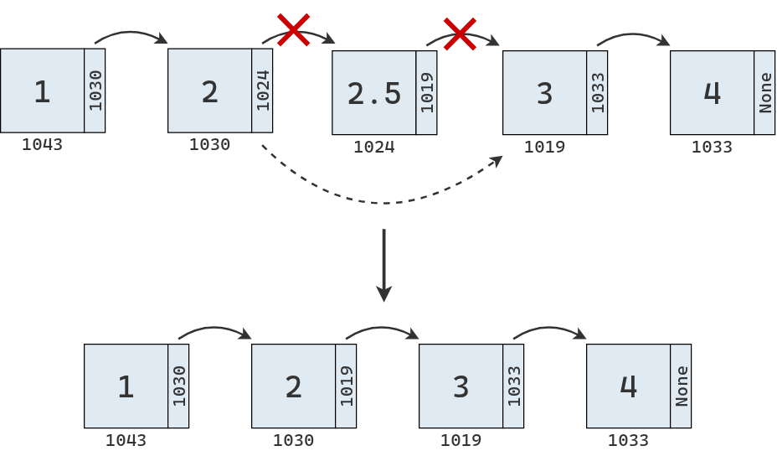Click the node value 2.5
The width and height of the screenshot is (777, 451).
[374, 93]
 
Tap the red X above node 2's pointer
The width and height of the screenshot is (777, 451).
[294, 30]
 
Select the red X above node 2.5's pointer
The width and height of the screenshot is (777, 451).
[459, 34]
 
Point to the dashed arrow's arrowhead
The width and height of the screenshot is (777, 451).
[498, 159]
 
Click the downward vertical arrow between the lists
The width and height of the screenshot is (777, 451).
[383, 265]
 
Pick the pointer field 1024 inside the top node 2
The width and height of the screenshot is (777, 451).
[262, 91]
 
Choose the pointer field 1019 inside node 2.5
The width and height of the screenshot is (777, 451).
[426, 93]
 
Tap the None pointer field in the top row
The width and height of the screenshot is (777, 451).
[764, 92]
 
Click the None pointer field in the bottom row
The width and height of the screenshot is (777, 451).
[681, 386]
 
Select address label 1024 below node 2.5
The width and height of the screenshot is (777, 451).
[373, 148]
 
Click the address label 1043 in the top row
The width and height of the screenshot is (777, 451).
[42, 144]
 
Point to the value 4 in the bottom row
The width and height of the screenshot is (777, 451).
[628, 386]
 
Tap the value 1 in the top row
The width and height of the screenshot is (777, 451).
[42, 91]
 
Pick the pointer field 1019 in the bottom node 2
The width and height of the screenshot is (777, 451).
[346, 386]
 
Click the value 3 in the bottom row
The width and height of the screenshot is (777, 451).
[461, 386]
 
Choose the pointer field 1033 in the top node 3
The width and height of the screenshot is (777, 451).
[597, 92]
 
